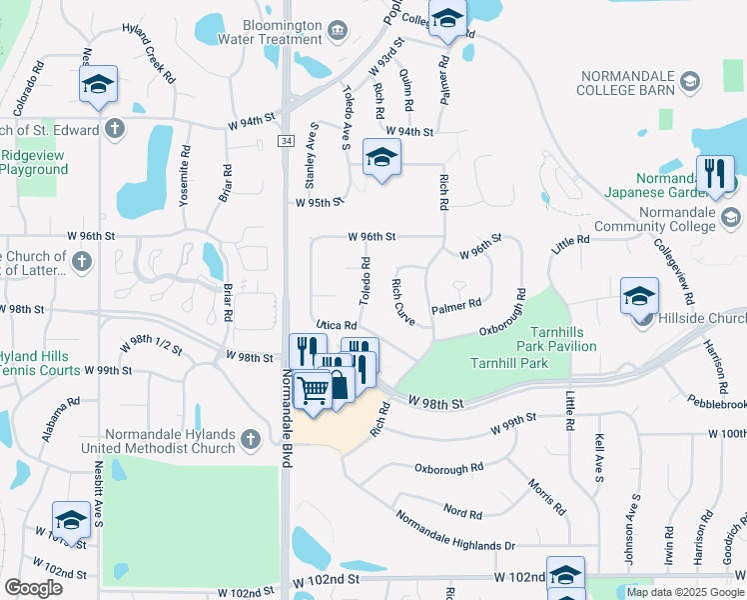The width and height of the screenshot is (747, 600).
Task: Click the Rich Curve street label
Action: [403, 300]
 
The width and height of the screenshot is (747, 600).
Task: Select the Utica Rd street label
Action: [337, 325]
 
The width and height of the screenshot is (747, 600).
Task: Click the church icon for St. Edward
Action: [115, 129]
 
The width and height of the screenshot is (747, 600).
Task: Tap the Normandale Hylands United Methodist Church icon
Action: [250, 437]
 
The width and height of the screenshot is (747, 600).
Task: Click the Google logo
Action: [34, 588]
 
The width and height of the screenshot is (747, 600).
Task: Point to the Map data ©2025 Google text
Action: [684, 592]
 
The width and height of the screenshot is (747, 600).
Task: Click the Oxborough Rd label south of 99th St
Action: [448, 467]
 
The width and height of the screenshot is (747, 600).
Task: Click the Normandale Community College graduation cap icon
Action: [730, 217]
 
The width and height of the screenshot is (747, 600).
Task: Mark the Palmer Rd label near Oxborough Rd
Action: [456, 305]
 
